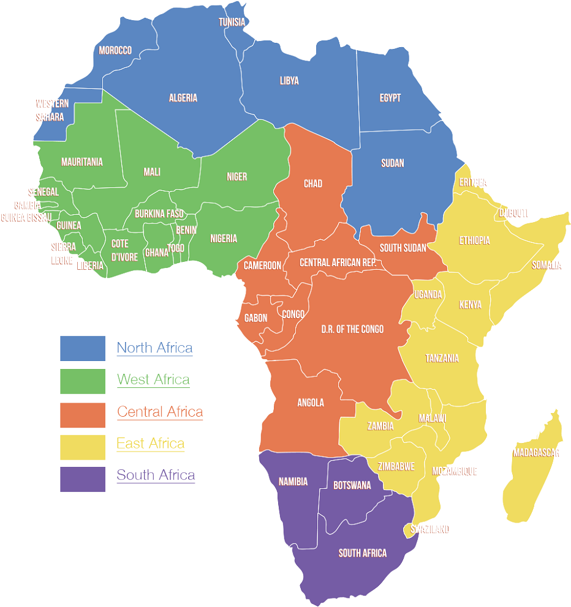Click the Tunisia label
232,23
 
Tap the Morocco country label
115,50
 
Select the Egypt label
390,98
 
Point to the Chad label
312,184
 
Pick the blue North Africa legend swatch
83,348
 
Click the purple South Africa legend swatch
83,475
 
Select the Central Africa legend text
160,412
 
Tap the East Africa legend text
151,443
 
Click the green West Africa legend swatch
83,380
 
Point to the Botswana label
352,485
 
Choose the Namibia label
293,482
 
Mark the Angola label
310,403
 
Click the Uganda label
428,294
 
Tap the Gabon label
255,318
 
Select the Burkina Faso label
159,214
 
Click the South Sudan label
403,248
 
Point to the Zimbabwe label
396,466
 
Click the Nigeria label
224,239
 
